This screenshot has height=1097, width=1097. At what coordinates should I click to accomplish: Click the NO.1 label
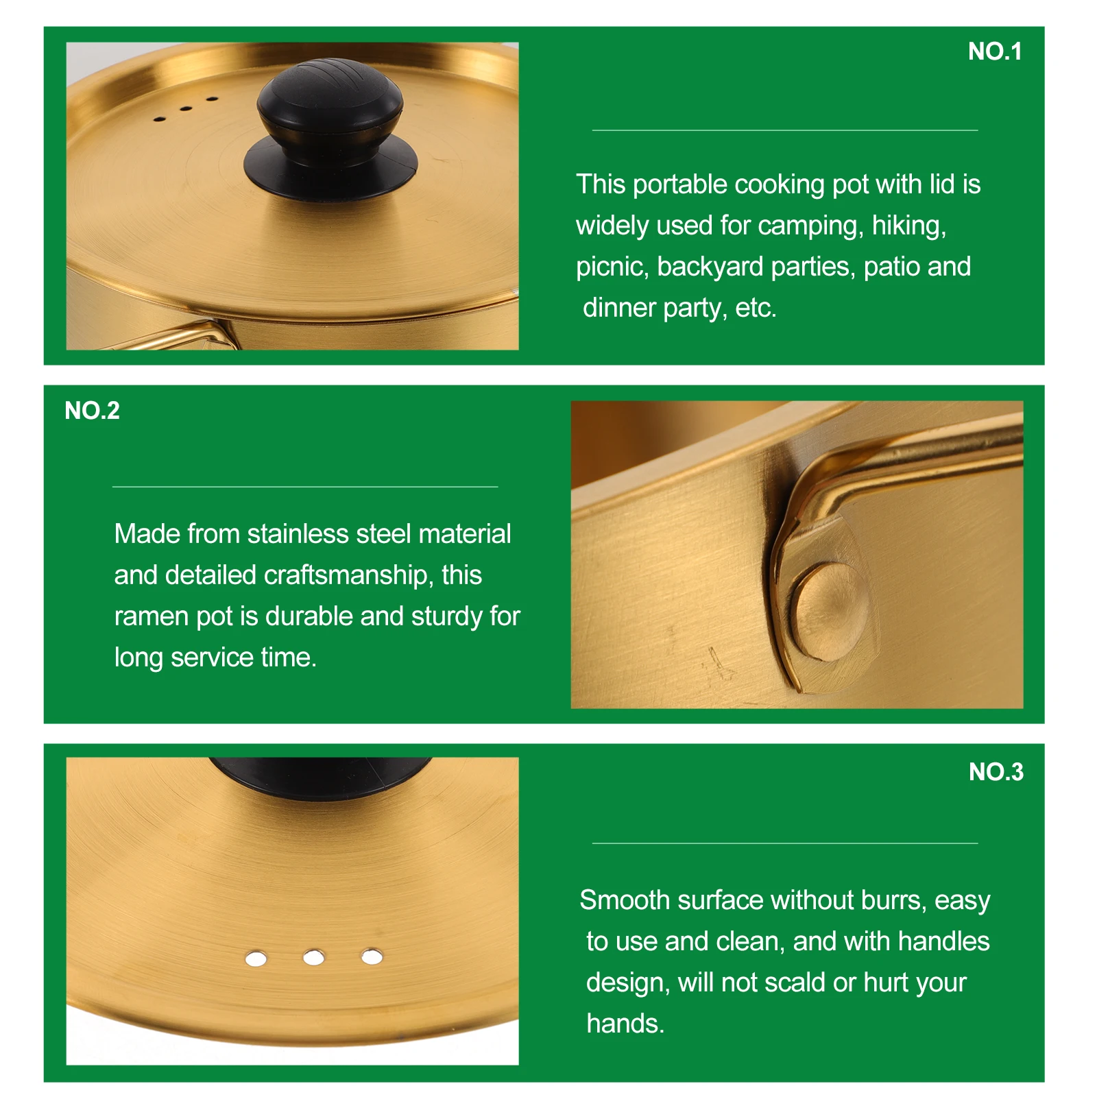994,51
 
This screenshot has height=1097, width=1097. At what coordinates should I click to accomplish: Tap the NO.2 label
92,411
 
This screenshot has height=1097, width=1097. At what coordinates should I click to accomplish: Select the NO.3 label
996,772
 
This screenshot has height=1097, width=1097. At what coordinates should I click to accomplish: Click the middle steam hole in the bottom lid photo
313,957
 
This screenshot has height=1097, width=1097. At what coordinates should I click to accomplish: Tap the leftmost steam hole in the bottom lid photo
256,958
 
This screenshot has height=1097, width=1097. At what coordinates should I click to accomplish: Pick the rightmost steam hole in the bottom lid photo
372,956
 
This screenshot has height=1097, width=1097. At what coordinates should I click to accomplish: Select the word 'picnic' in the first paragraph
612,267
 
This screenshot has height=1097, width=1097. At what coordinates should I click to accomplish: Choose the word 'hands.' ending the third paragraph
625,1024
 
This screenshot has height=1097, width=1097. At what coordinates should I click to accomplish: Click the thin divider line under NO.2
304,487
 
